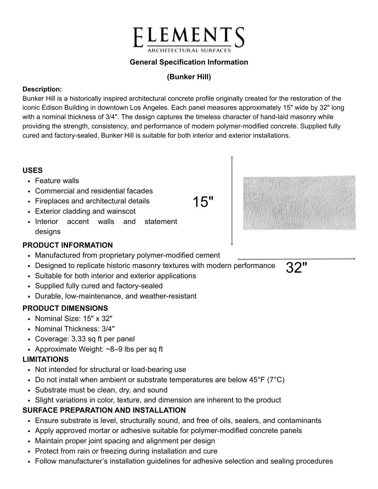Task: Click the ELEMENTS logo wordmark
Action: [188, 37]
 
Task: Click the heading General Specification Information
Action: [189, 62]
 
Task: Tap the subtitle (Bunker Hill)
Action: [189, 77]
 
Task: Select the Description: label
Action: [42, 89]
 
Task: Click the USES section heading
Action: [32, 170]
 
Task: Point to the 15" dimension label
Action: [203, 202]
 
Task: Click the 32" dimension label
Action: [296, 268]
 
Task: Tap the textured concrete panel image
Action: [299, 202]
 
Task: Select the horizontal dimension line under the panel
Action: [296, 259]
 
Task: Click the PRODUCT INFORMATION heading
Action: [67, 245]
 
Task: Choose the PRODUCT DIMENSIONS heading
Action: [65, 308]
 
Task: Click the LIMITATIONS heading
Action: [45, 359]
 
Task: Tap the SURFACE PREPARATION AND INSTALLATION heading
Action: [104, 410]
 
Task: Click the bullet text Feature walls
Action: [57, 181]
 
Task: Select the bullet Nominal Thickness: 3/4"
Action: [75, 329]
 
